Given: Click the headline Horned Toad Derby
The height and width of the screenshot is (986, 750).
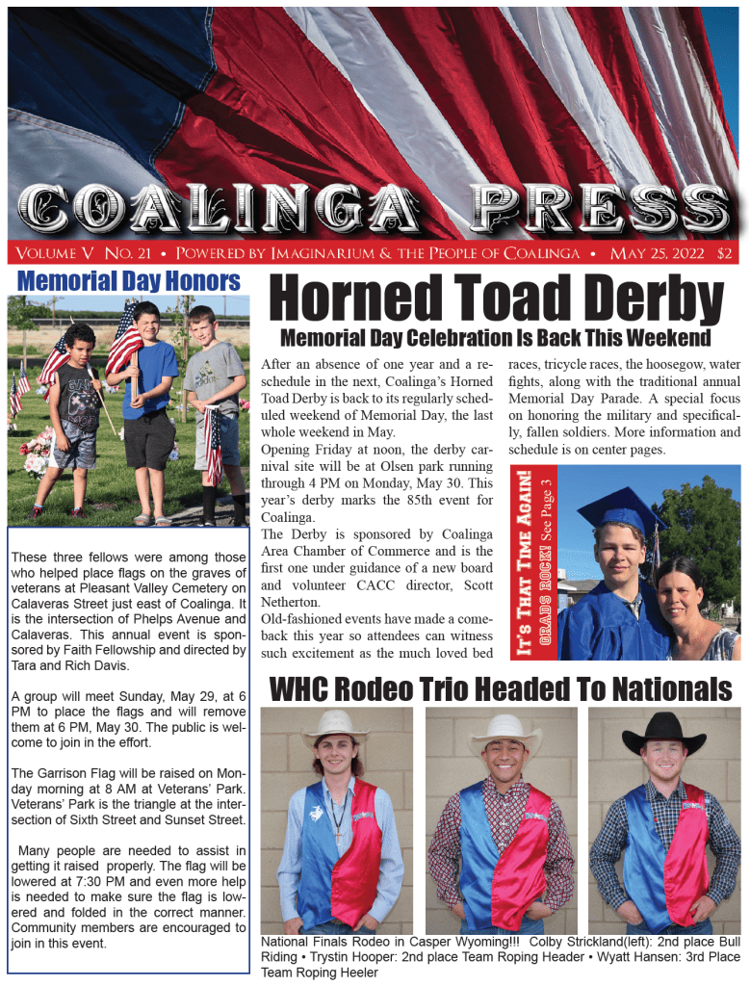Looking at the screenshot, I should (x=496, y=299).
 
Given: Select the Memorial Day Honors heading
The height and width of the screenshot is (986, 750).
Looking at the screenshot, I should (x=128, y=281).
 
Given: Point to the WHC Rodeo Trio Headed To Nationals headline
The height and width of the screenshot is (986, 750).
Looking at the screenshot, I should (x=501, y=689).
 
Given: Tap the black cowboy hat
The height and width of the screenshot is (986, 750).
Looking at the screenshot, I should (x=663, y=735).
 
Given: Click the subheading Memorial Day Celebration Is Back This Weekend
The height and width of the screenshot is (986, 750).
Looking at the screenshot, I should (x=495, y=338).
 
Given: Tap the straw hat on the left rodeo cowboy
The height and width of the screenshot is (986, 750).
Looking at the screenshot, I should (x=335, y=726).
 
